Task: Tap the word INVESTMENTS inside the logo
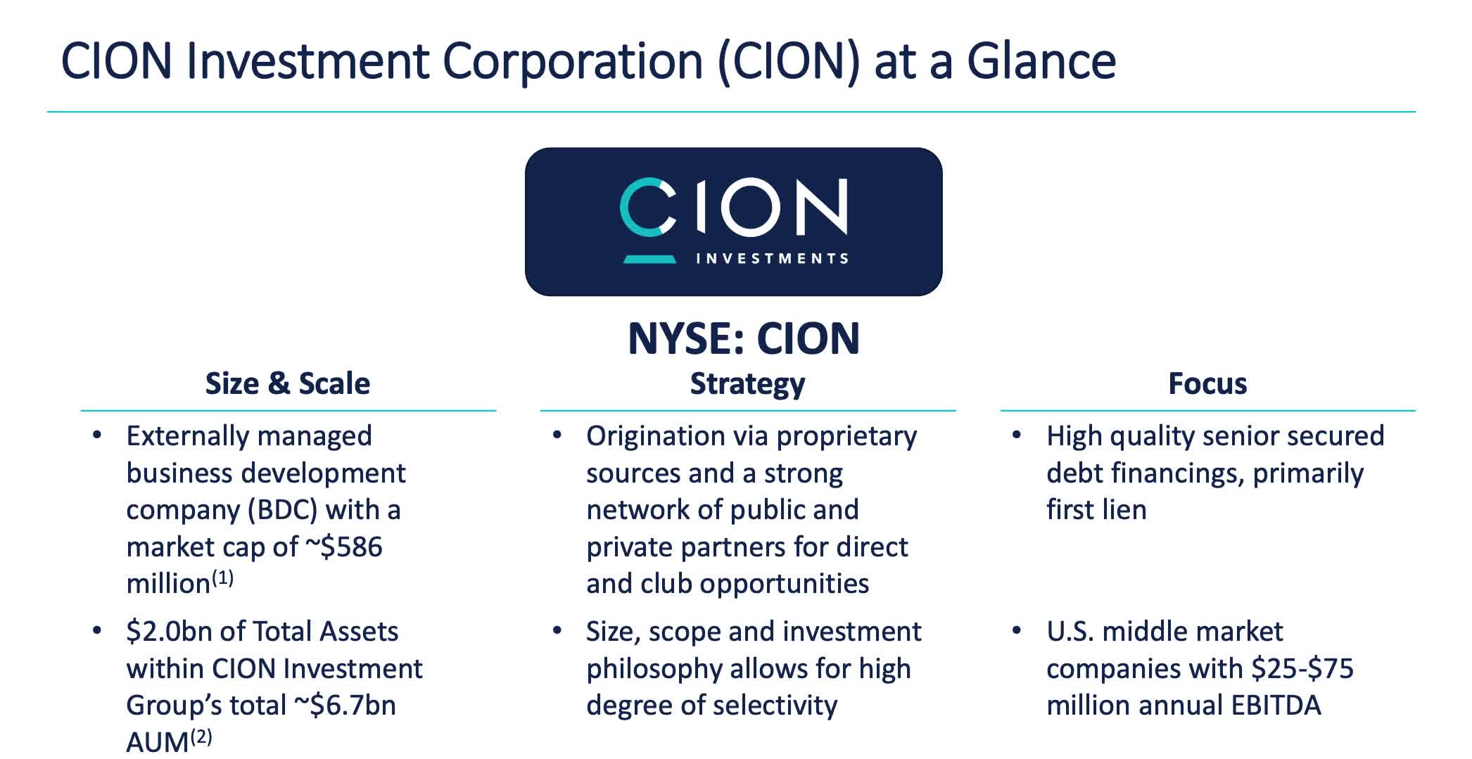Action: click(772, 259)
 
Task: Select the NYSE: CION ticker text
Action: click(743, 338)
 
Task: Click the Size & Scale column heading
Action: click(287, 384)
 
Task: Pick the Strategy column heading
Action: click(747, 384)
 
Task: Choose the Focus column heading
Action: click(1207, 384)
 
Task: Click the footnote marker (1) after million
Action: click(222, 578)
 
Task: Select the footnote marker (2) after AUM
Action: click(201, 736)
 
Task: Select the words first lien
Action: click(1096, 510)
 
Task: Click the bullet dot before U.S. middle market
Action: click(1016, 630)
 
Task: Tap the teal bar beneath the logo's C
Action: click(649, 260)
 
